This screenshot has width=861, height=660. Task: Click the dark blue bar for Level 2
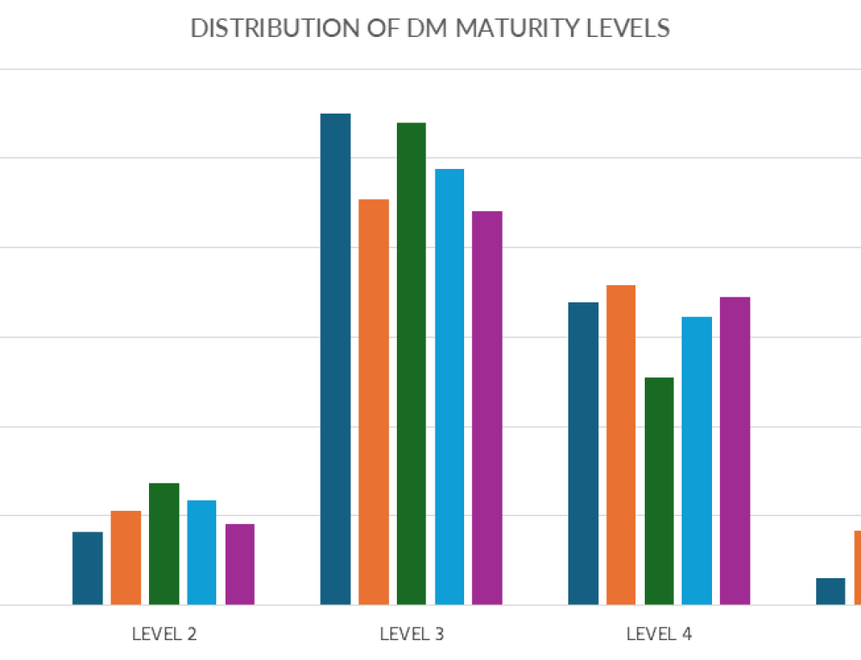(88, 569)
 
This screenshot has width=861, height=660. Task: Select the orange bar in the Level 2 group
(126, 558)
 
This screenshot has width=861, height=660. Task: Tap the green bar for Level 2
(164, 545)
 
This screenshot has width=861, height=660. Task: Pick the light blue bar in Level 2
(201, 553)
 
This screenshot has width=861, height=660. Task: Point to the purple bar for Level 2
(239, 564)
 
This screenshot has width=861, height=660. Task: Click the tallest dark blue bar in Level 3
(336, 359)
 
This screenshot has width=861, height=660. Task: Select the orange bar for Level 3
(374, 402)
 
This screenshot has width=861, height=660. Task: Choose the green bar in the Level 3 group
(412, 364)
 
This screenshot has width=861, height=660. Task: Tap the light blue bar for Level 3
(449, 387)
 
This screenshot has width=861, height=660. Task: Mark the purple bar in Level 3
(487, 408)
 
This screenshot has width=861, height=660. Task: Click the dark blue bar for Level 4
(584, 454)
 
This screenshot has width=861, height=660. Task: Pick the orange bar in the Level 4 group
(621, 445)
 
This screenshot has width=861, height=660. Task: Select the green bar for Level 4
(660, 491)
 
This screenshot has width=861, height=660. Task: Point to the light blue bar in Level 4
(697, 461)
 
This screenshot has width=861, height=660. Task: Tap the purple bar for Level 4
(735, 451)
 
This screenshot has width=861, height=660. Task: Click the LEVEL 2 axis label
(164, 635)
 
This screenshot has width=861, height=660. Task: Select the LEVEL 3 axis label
(412, 635)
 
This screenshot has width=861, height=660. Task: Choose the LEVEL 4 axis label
(660, 635)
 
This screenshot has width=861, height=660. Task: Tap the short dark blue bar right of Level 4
(831, 592)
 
